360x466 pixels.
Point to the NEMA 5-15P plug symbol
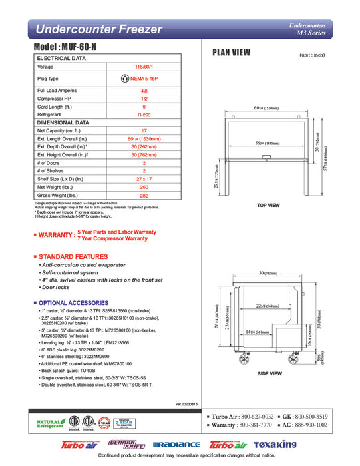point(124,79)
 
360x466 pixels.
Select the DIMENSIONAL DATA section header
point(63,123)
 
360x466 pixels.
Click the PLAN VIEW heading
point(231,53)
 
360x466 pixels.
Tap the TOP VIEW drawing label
point(268,205)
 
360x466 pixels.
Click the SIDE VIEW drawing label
point(269,373)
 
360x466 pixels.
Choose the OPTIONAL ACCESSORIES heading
point(73,303)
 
